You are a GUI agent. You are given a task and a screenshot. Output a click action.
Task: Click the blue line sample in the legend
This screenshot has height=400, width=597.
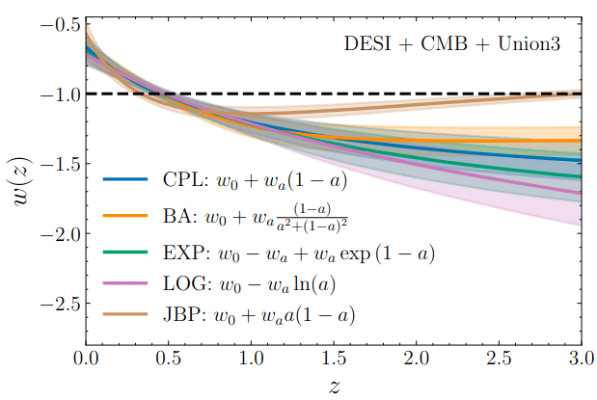coord(125,180)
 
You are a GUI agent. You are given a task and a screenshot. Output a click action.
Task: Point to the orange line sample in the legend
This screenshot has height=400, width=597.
coord(125,216)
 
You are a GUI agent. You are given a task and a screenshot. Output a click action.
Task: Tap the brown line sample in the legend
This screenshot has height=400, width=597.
coord(125,315)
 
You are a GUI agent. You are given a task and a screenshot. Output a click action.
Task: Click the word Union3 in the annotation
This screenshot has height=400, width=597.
coord(541,44)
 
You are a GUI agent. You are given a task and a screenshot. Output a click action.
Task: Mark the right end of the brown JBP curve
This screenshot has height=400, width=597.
coord(580,93)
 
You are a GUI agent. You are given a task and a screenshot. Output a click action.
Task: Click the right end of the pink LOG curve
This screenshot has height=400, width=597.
coord(580,193)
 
